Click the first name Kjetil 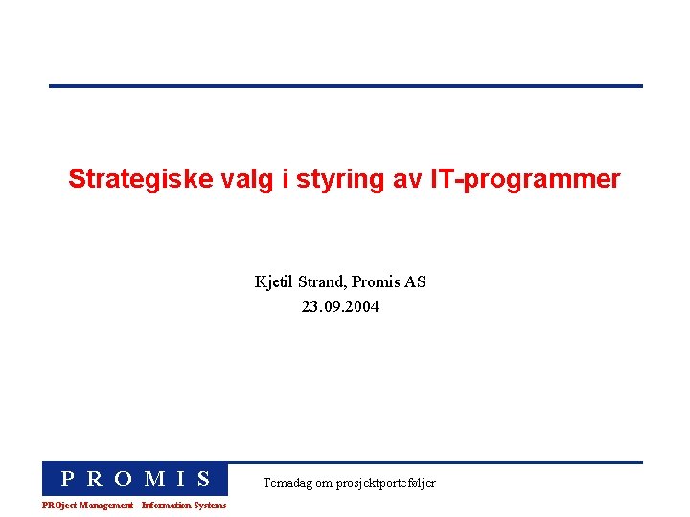(x=274, y=282)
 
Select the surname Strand (x=322, y=282)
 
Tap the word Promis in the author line (x=377, y=282)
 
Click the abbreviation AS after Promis (x=415, y=282)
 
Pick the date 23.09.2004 (x=340, y=307)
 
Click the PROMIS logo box (x=135, y=479)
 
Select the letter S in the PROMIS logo (x=203, y=479)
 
